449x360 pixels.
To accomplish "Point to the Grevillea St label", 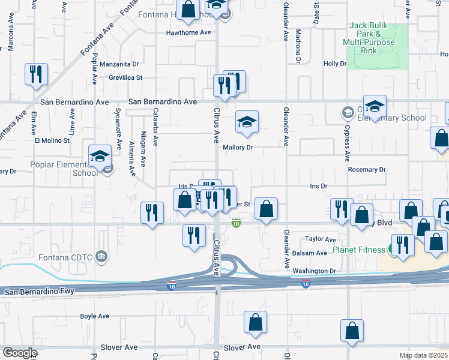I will (x=125, y=77).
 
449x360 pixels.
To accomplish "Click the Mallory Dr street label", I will (x=239, y=147).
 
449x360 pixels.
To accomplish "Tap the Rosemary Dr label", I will (x=367, y=170).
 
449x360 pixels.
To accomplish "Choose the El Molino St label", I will (x=52, y=140).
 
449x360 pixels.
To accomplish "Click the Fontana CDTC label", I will (x=67, y=257).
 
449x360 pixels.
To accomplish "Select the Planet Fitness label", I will (x=361, y=249).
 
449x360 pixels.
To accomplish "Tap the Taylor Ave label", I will (x=320, y=239).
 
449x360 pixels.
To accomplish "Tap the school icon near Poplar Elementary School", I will (x=100, y=157).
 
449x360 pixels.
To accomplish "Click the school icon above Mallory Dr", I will (x=247, y=122).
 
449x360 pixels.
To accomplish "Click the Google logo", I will (x=20, y=352).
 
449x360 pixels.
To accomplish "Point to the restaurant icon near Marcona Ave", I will (x=36, y=74).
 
